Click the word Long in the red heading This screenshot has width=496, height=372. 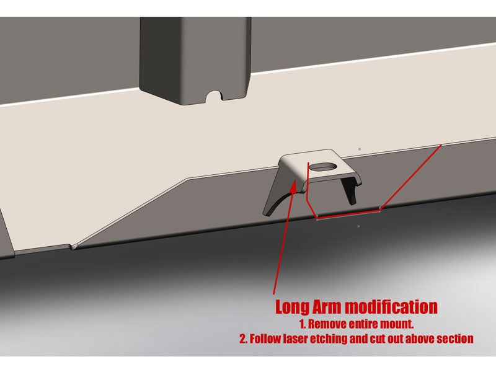293,307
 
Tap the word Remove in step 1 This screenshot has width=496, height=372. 327,324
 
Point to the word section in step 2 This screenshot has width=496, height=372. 456,339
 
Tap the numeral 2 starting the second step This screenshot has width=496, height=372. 242,339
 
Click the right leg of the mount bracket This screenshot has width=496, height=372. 352,190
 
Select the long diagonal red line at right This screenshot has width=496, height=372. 410,177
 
